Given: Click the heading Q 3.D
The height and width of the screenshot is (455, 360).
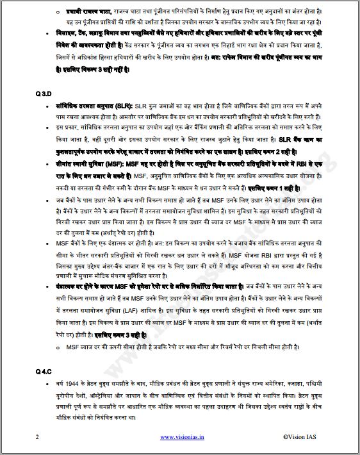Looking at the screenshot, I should click(44, 94).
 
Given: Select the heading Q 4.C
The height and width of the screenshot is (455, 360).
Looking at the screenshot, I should click(44, 371).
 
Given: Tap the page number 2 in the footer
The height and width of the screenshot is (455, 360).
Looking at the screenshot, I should click(38, 437).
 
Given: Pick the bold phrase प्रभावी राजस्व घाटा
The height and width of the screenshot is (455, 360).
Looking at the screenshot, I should click(85, 12).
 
